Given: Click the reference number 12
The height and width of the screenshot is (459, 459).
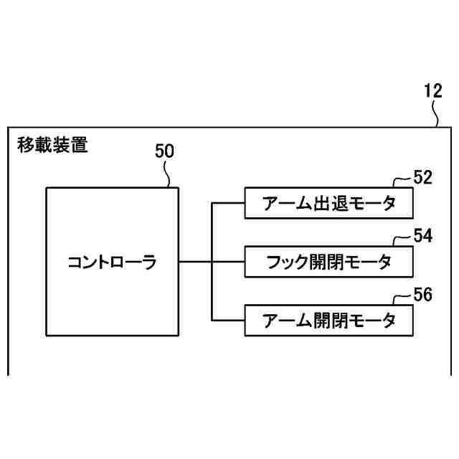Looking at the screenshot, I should tap(433, 91).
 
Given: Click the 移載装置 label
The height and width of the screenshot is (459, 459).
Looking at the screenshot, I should tap(52, 146).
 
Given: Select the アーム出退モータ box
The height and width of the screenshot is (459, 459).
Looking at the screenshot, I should tap(329, 204).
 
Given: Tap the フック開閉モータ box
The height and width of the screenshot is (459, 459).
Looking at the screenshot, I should tap(329, 262).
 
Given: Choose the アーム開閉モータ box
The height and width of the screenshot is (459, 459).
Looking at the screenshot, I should tap(329, 320).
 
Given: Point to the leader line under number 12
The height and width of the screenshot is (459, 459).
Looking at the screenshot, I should tap(436, 115).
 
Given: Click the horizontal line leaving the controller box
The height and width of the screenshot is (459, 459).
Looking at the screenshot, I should tap(195, 262).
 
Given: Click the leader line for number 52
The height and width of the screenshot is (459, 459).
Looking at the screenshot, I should tap(402, 181).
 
